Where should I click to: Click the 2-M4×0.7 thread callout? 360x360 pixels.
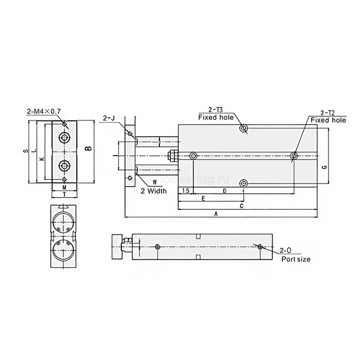44,111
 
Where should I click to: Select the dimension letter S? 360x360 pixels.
25,151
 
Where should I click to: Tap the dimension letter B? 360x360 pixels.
88,149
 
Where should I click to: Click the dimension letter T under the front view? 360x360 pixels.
64,195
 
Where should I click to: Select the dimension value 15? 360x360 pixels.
185,191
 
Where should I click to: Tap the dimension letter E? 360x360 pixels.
203,198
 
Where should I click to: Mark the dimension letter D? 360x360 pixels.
224,191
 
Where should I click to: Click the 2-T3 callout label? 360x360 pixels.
216,110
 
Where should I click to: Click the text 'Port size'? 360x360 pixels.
296,259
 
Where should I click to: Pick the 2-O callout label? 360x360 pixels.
286,250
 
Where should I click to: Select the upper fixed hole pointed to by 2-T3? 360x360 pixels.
244,128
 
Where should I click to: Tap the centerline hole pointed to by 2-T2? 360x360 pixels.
294,156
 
